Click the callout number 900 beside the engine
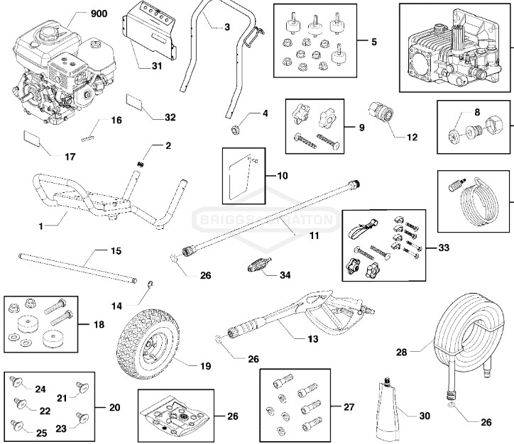click(x=99, y=15)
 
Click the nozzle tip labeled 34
click(x=253, y=270)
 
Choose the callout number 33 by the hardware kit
click(x=444, y=248)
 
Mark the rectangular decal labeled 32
click(x=137, y=101)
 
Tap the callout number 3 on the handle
click(x=226, y=27)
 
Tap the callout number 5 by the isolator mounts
click(x=373, y=41)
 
